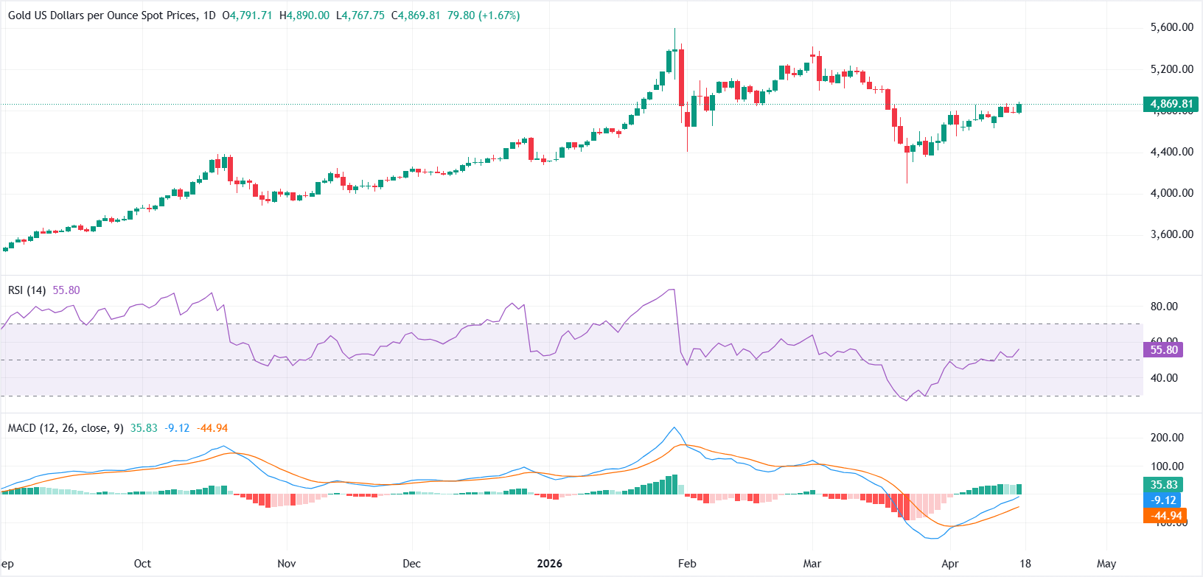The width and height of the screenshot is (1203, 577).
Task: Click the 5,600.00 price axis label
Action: [1171, 27]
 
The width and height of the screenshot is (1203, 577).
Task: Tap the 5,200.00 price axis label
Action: [1171, 69]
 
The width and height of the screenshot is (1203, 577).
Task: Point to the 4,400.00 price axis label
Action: [1171, 152]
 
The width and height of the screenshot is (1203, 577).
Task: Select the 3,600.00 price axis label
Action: [1171, 234]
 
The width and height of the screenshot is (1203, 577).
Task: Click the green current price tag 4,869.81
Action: [1171, 104]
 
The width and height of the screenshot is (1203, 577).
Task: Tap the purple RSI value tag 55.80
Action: [1163, 350]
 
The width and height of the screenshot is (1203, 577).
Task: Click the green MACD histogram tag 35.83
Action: [1164, 484]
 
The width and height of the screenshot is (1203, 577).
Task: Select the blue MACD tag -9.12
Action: [1164, 500]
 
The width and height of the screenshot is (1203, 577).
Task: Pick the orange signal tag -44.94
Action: [1164, 516]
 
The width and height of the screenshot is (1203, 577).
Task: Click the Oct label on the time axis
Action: [142, 564]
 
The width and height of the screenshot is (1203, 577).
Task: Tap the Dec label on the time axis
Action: [411, 564]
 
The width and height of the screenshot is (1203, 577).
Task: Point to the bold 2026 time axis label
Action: [549, 564]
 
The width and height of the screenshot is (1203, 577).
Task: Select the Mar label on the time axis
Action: [812, 564]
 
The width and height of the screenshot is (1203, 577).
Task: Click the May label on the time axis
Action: [1106, 564]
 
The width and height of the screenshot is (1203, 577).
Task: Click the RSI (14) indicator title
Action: [27, 290]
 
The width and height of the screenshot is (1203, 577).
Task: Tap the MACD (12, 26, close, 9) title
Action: [66, 428]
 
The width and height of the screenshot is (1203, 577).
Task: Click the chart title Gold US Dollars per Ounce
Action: [102, 15]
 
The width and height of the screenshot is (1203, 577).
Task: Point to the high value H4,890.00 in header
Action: [304, 15]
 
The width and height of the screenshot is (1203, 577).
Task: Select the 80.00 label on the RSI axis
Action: [1164, 307]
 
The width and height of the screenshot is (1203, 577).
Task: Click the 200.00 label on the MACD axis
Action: [1167, 438]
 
